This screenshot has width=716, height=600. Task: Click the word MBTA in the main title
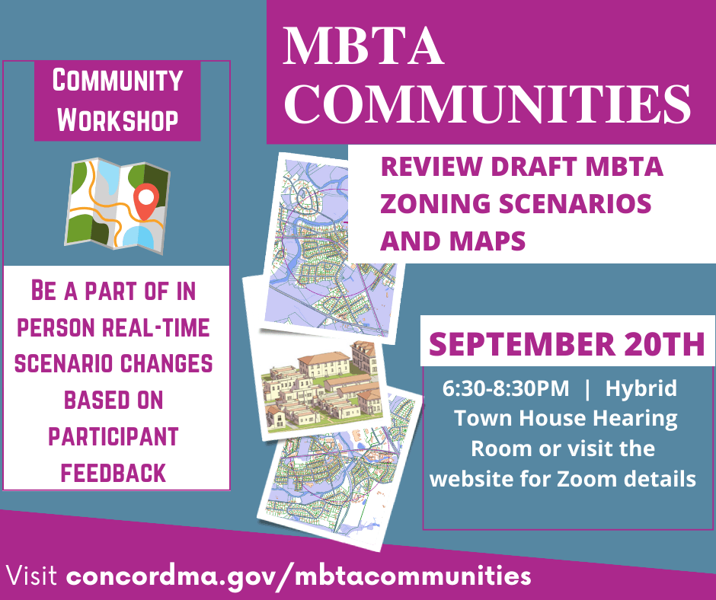(364, 47)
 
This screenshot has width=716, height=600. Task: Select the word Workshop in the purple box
(118, 119)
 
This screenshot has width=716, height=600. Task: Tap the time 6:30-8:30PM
(506, 388)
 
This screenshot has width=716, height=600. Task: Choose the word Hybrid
(641, 388)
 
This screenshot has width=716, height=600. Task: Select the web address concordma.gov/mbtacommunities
(299, 575)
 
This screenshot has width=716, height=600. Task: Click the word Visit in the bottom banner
(34, 575)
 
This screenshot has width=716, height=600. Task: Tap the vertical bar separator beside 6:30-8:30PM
(587, 388)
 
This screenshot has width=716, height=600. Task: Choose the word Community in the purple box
(117, 81)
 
